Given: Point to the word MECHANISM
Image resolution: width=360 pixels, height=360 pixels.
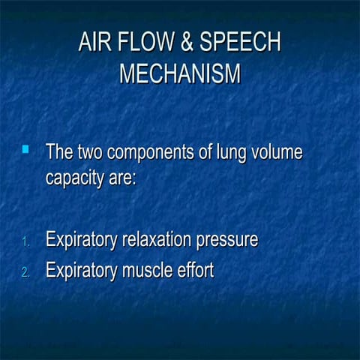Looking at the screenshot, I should tap(180, 75).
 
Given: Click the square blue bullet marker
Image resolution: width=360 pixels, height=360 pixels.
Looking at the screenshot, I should tap(25, 151).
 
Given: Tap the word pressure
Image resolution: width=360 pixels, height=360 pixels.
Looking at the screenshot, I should tap(227, 241).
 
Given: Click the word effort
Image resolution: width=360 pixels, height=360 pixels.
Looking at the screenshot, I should tap(194, 269).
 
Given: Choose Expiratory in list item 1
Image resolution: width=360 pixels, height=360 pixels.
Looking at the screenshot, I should tap(80, 241).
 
